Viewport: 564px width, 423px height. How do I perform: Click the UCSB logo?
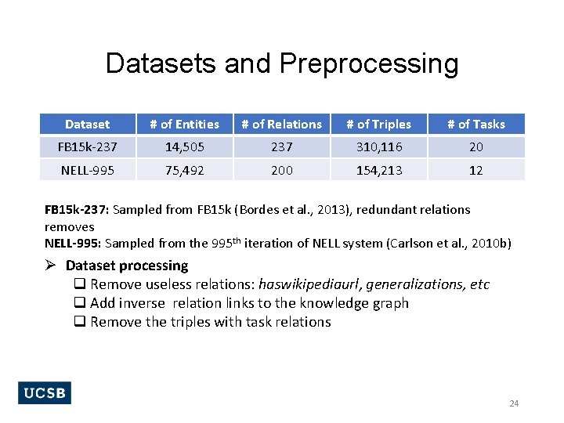pyautogui.click(x=44, y=392)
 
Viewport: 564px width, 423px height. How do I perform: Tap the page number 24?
pyautogui.click(x=514, y=403)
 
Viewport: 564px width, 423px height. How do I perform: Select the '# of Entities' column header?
pyautogui.click(x=184, y=124)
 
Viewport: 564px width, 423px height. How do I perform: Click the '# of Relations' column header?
pyautogui.click(x=281, y=124)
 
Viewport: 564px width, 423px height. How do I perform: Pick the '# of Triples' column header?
pyautogui.click(x=379, y=124)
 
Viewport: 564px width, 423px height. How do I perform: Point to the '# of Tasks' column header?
pyautogui.click(x=476, y=124)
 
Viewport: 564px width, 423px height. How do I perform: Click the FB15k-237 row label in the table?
pyautogui.click(x=87, y=146)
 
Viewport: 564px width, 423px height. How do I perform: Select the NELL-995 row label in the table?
pyautogui.click(x=87, y=170)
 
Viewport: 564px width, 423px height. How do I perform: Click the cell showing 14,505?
pyautogui.click(x=184, y=146)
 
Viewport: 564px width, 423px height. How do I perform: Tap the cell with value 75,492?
pyautogui.click(x=184, y=170)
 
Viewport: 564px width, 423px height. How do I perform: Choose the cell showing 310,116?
pyautogui.click(x=379, y=146)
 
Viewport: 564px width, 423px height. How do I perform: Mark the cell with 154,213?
pyautogui.click(x=379, y=170)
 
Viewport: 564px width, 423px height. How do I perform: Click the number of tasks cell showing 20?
pyautogui.click(x=476, y=146)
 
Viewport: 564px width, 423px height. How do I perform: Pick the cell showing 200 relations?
pyautogui.click(x=281, y=170)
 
